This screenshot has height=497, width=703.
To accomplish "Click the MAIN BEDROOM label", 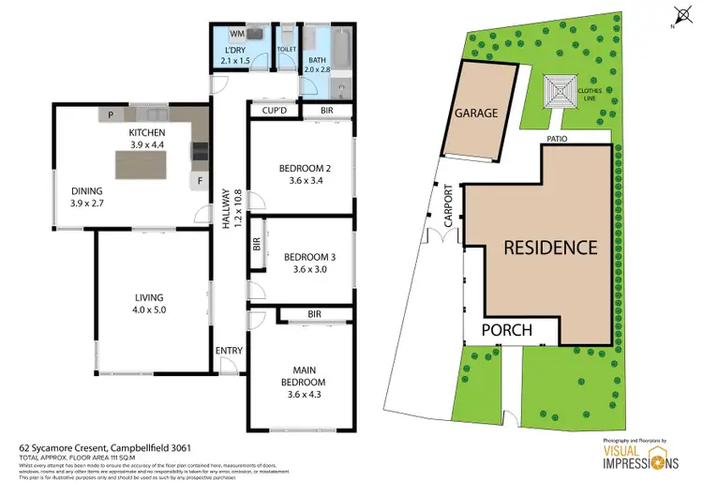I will pos(303,377).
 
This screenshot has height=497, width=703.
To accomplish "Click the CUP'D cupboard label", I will pos(274,112).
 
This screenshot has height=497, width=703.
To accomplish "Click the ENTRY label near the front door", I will pos(229,352).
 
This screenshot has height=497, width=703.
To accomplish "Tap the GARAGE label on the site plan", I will pos(477,113).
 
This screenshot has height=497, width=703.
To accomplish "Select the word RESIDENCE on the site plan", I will pos(550,248).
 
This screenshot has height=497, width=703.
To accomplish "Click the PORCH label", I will pos(507,330).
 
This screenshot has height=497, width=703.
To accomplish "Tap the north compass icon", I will pos(681,15).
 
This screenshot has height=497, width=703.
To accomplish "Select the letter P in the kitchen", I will pos(111,115).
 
